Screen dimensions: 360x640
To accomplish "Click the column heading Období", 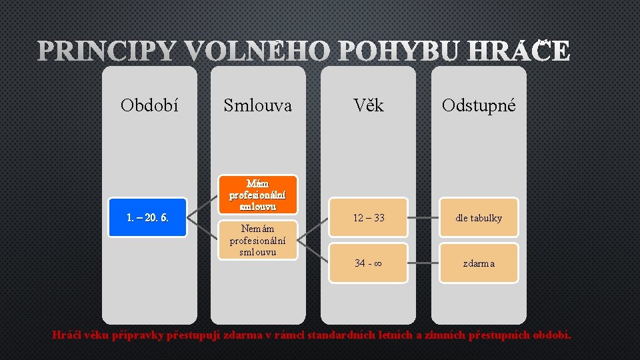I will (x=149, y=105).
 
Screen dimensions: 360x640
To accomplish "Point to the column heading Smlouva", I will (x=257, y=105).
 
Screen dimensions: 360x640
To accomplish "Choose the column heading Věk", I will (x=369, y=105).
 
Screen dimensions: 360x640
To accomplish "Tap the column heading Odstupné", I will (x=479, y=105).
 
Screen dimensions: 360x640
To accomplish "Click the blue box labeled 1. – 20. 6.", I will (x=147, y=217).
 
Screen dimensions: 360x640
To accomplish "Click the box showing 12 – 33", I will (x=369, y=217).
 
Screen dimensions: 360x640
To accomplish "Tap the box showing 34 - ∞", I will (x=369, y=263).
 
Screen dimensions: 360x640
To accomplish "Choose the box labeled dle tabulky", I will (x=479, y=217).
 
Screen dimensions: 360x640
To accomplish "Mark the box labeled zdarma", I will (x=479, y=263).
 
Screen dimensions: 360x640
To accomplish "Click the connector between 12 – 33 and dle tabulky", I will (x=423, y=217).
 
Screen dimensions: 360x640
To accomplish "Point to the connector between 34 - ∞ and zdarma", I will (x=423, y=263).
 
